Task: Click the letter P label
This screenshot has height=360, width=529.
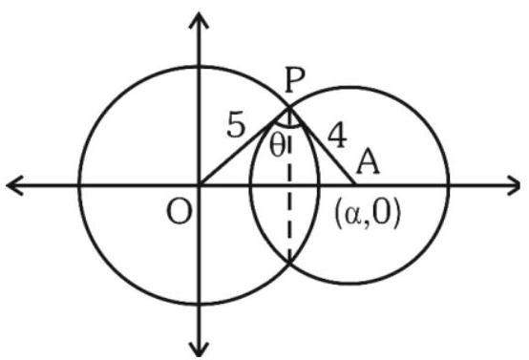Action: [x=294, y=79]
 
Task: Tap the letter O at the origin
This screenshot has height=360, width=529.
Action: [x=180, y=213]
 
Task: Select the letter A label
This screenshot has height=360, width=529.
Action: [x=368, y=162]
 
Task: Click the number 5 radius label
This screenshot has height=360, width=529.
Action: [x=236, y=125]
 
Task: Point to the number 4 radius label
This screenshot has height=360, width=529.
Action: [x=337, y=136]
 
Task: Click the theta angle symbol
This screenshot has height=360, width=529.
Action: [x=277, y=147]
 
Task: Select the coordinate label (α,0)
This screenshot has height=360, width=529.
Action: [x=367, y=215]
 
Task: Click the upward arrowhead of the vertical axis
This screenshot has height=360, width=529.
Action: [x=199, y=20]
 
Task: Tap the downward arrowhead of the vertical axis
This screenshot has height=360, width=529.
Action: [x=199, y=349]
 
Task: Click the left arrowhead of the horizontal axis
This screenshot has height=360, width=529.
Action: [x=15, y=185]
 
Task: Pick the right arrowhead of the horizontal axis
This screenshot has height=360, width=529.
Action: [x=513, y=185]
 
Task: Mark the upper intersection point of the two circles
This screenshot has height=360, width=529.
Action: [x=289, y=108]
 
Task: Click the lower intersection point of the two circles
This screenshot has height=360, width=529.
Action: [x=289, y=262]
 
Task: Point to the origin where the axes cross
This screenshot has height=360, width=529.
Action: [x=199, y=185]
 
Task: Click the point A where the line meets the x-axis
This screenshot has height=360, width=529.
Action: [x=355, y=185]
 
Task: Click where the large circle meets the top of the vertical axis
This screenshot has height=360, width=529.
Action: [x=199, y=67]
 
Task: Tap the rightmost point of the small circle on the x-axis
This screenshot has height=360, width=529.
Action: [x=449, y=185]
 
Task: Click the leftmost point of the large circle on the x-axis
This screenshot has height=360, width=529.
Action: [x=79, y=185]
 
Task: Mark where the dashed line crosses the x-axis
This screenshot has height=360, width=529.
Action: [x=289, y=185]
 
